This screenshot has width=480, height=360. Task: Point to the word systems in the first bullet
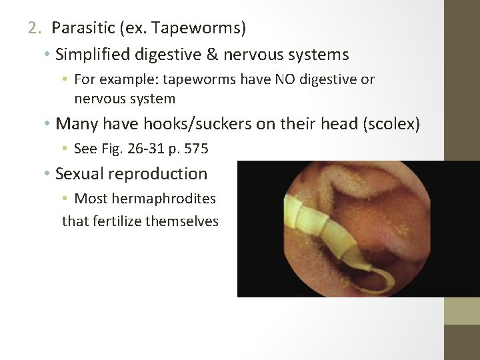click(x=319, y=54)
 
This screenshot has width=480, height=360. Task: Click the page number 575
click(x=196, y=149)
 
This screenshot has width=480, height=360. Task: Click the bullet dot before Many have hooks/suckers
click(x=48, y=124)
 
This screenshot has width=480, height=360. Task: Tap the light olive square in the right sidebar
click(x=462, y=311)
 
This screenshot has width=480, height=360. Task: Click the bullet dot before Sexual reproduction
click(x=48, y=175)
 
